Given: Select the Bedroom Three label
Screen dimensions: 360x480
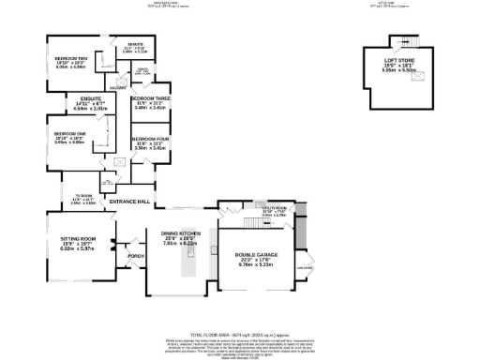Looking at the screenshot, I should tap(150, 98).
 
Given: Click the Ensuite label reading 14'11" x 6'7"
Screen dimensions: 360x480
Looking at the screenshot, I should tap(82, 104).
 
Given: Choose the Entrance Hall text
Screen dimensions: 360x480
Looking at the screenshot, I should tap(130, 202).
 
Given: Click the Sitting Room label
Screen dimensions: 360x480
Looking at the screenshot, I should tap(73, 240).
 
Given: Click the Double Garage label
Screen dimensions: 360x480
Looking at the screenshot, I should tap(244, 257).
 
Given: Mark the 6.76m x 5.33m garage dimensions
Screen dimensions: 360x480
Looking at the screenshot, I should tap(244, 264).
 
